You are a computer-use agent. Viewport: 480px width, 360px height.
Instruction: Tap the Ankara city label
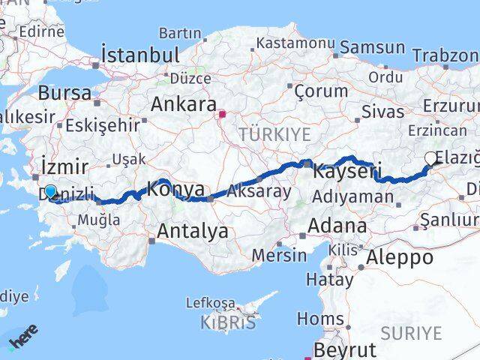(x=184, y=104)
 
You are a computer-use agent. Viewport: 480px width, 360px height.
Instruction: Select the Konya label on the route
(x=176, y=190)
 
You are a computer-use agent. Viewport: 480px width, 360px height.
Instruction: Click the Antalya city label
(x=190, y=232)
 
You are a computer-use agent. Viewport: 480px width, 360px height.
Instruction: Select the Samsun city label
(x=372, y=47)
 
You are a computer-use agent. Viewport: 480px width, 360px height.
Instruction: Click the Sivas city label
(x=382, y=112)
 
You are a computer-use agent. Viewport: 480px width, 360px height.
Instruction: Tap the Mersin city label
(x=279, y=254)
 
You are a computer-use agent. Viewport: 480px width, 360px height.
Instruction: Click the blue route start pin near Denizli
(x=50, y=192)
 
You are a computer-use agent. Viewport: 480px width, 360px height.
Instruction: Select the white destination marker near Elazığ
(x=430, y=157)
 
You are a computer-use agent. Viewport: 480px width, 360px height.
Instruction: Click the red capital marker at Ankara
(x=222, y=115)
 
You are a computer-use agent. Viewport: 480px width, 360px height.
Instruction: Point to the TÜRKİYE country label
(x=263, y=134)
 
